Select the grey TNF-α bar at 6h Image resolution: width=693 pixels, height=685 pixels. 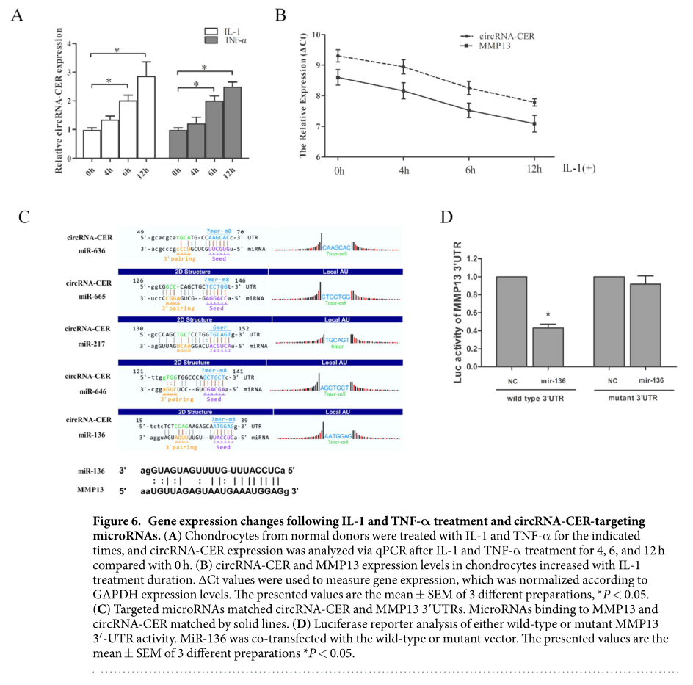pyautogui.click(x=215, y=130)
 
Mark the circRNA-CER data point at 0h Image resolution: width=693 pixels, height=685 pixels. pyautogui.click(x=338, y=56)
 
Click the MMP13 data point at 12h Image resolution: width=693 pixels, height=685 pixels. pyautogui.click(x=534, y=123)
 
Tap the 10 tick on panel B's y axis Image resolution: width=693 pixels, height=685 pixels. pyautogui.click(x=316, y=35)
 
